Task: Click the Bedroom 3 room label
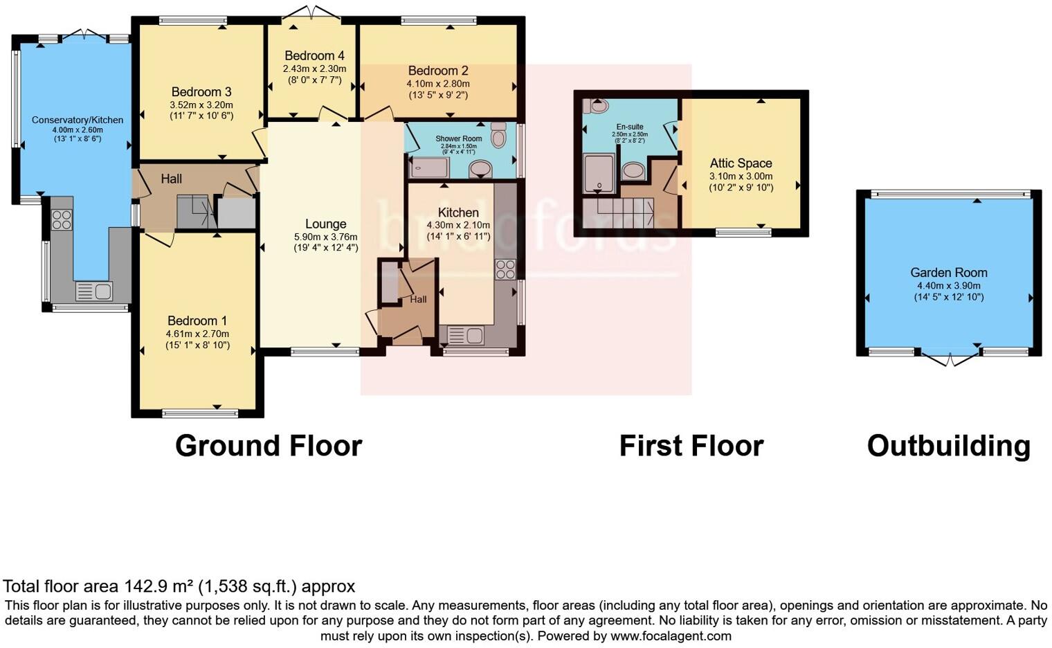click(x=201, y=92)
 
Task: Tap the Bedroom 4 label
click(x=314, y=56)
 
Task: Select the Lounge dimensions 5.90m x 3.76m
click(x=325, y=237)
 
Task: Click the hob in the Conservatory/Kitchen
click(x=62, y=219)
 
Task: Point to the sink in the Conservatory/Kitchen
click(x=94, y=291)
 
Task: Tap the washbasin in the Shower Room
click(x=480, y=168)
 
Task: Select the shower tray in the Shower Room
click(x=429, y=168)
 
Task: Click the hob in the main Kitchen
click(x=505, y=269)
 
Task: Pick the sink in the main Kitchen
click(x=465, y=336)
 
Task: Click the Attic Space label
click(x=741, y=163)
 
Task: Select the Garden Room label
click(x=948, y=273)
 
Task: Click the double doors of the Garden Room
click(x=951, y=358)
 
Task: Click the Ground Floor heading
click(x=269, y=446)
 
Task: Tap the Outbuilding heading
click(x=948, y=446)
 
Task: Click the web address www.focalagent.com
click(x=671, y=636)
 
